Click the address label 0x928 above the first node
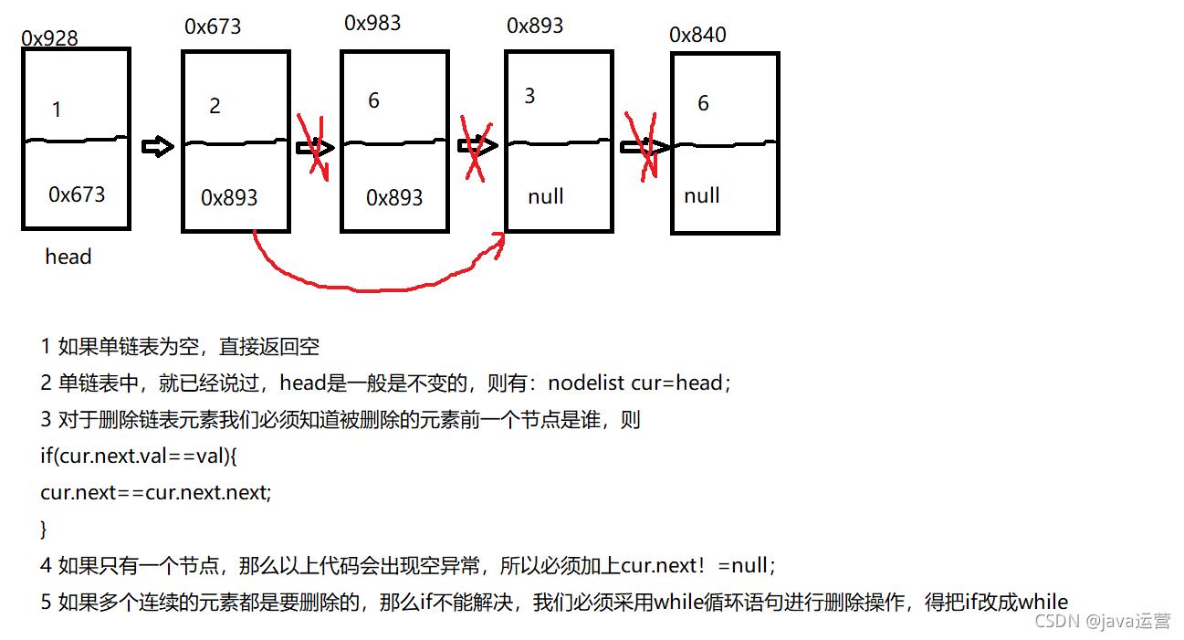pos(49,38)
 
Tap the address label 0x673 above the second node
pos(213,26)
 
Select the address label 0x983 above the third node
pos(372,23)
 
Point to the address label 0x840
pos(697,35)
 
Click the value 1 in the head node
pos(57,110)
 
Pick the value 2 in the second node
pos(215,106)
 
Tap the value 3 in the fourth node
pos(530,96)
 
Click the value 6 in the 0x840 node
pos(703,103)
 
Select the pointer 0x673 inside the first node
pos(77,194)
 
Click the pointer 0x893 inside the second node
pos(229,197)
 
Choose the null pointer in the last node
pos(702,195)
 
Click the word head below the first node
pos(68,257)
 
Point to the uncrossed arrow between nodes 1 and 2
pos(158,147)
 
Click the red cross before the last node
pos(643,145)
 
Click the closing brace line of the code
pos(44,529)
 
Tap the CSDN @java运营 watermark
pos(1102,621)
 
